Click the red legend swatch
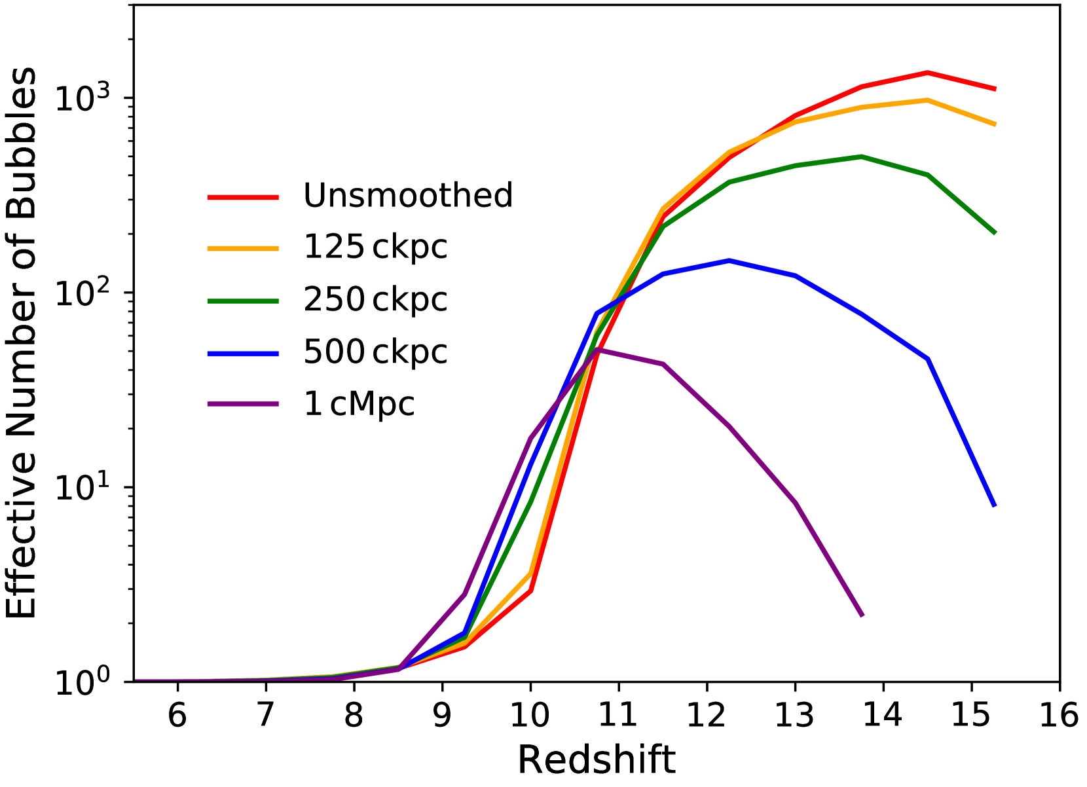(x=243, y=197)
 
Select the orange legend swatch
(x=243, y=249)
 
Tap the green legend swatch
(x=243, y=301)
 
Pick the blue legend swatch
(x=243, y=354)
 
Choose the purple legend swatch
(x=243, y=404)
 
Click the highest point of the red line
(x=928, y=73)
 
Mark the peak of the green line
(x=861, y=156)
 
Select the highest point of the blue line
(x=729, y=261)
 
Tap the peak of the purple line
(x=597, y=350)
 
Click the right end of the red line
(x=995, y=89)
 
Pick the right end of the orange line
(x=995, y=124)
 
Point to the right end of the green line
(x=995, y=232)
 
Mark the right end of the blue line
(x=995, y=505)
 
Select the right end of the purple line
(x=862, y=615)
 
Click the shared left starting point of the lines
(x=136, y=680)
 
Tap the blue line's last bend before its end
(x=928, y=359)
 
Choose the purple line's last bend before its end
(x=796, y=503)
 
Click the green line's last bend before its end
(x=928, y=175)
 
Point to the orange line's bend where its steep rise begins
(x=530, y=574)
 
